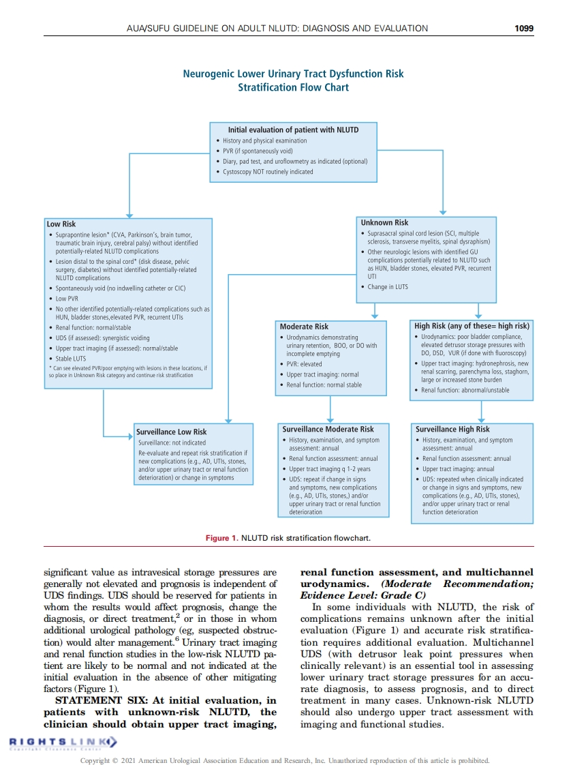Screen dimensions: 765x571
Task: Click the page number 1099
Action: [524, 28]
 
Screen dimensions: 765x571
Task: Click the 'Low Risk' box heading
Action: [61, 224]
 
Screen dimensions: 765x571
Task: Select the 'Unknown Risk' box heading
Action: [384, 222]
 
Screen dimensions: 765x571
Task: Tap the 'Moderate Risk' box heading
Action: [304, 327]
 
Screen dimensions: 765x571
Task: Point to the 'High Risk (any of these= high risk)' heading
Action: [472, 326]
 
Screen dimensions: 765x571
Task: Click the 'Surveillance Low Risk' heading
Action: [171, 432]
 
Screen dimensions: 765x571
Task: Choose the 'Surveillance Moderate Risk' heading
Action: [328, 430]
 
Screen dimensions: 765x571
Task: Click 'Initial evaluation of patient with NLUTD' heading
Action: [293, 130]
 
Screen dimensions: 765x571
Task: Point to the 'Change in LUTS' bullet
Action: [388, 287]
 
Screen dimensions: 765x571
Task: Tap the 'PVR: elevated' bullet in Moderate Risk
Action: [304, 364]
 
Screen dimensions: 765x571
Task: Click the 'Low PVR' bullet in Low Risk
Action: [67, 299]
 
